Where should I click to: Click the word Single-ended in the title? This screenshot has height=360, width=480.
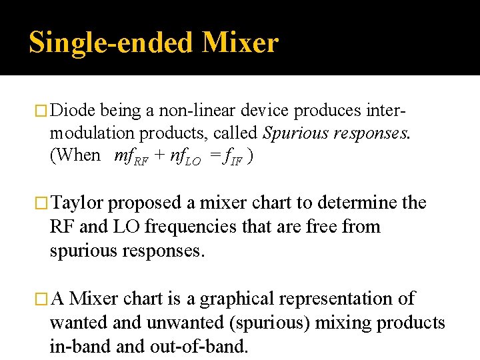point(109,43)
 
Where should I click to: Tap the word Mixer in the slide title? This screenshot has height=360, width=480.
point(239,43)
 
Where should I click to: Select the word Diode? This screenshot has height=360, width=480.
point(73,109)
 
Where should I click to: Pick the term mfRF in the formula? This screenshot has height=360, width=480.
point(131,157)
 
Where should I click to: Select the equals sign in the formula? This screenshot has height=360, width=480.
point(213,156)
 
